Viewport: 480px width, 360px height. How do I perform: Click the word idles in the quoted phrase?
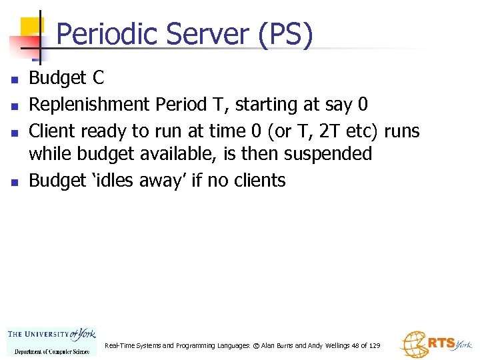click(x=101, y=180)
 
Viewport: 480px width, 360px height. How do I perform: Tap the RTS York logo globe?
click(x=413, y=345)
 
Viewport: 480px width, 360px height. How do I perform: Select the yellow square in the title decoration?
click(x=31, y=28)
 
